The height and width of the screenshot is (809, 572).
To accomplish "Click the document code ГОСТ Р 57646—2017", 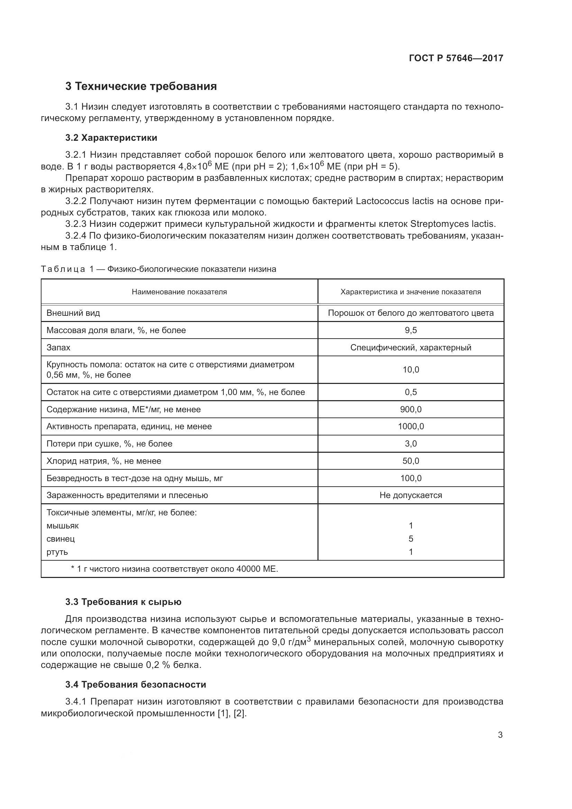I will pyautogui.click(x=456, y=58).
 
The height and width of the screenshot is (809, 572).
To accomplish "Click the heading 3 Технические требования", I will pyautogui.click(x=141, y=86).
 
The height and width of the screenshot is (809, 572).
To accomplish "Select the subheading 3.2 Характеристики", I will pyautogui.click(x=111, y=138).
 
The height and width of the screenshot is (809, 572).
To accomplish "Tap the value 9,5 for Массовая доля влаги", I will pyautogui.click(x=411, y=330).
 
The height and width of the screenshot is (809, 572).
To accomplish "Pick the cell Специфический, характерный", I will pyautogui.click(x=411, y=347).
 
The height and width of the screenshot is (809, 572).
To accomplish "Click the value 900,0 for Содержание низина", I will pyautogui.click(x=411, y=410).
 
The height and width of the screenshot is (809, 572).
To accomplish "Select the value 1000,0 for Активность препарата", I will pyautogui.click(x=411, y=426).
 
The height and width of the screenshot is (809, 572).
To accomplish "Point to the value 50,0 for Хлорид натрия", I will pyautogui.click(x=411, y=461).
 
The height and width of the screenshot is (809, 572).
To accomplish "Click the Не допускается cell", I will pyautogui.click(x=411, y=495).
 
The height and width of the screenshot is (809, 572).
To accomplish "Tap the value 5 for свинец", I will pyautogui.click(x=411, y=539).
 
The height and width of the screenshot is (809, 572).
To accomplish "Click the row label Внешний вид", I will pyautogui.click(x=73, y=313).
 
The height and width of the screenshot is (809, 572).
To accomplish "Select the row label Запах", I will pyautogui.click(x=58, y=347).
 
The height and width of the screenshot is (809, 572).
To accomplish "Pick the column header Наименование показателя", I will pyautogui.click(x=179, y=292).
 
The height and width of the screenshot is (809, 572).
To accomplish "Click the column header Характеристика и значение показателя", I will pyautogui.click(x=411, y=292).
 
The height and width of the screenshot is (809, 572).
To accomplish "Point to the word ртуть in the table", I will pyautogui.click(x=57, y=552).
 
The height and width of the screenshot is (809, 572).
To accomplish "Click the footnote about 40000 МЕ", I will pyautogui.click(x=174, y=569).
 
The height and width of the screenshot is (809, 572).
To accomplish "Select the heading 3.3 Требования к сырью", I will pyautogui.click(x=123, y=602).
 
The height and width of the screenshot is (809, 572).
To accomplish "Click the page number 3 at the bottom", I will pyautogui.click(x=500, y=735).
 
